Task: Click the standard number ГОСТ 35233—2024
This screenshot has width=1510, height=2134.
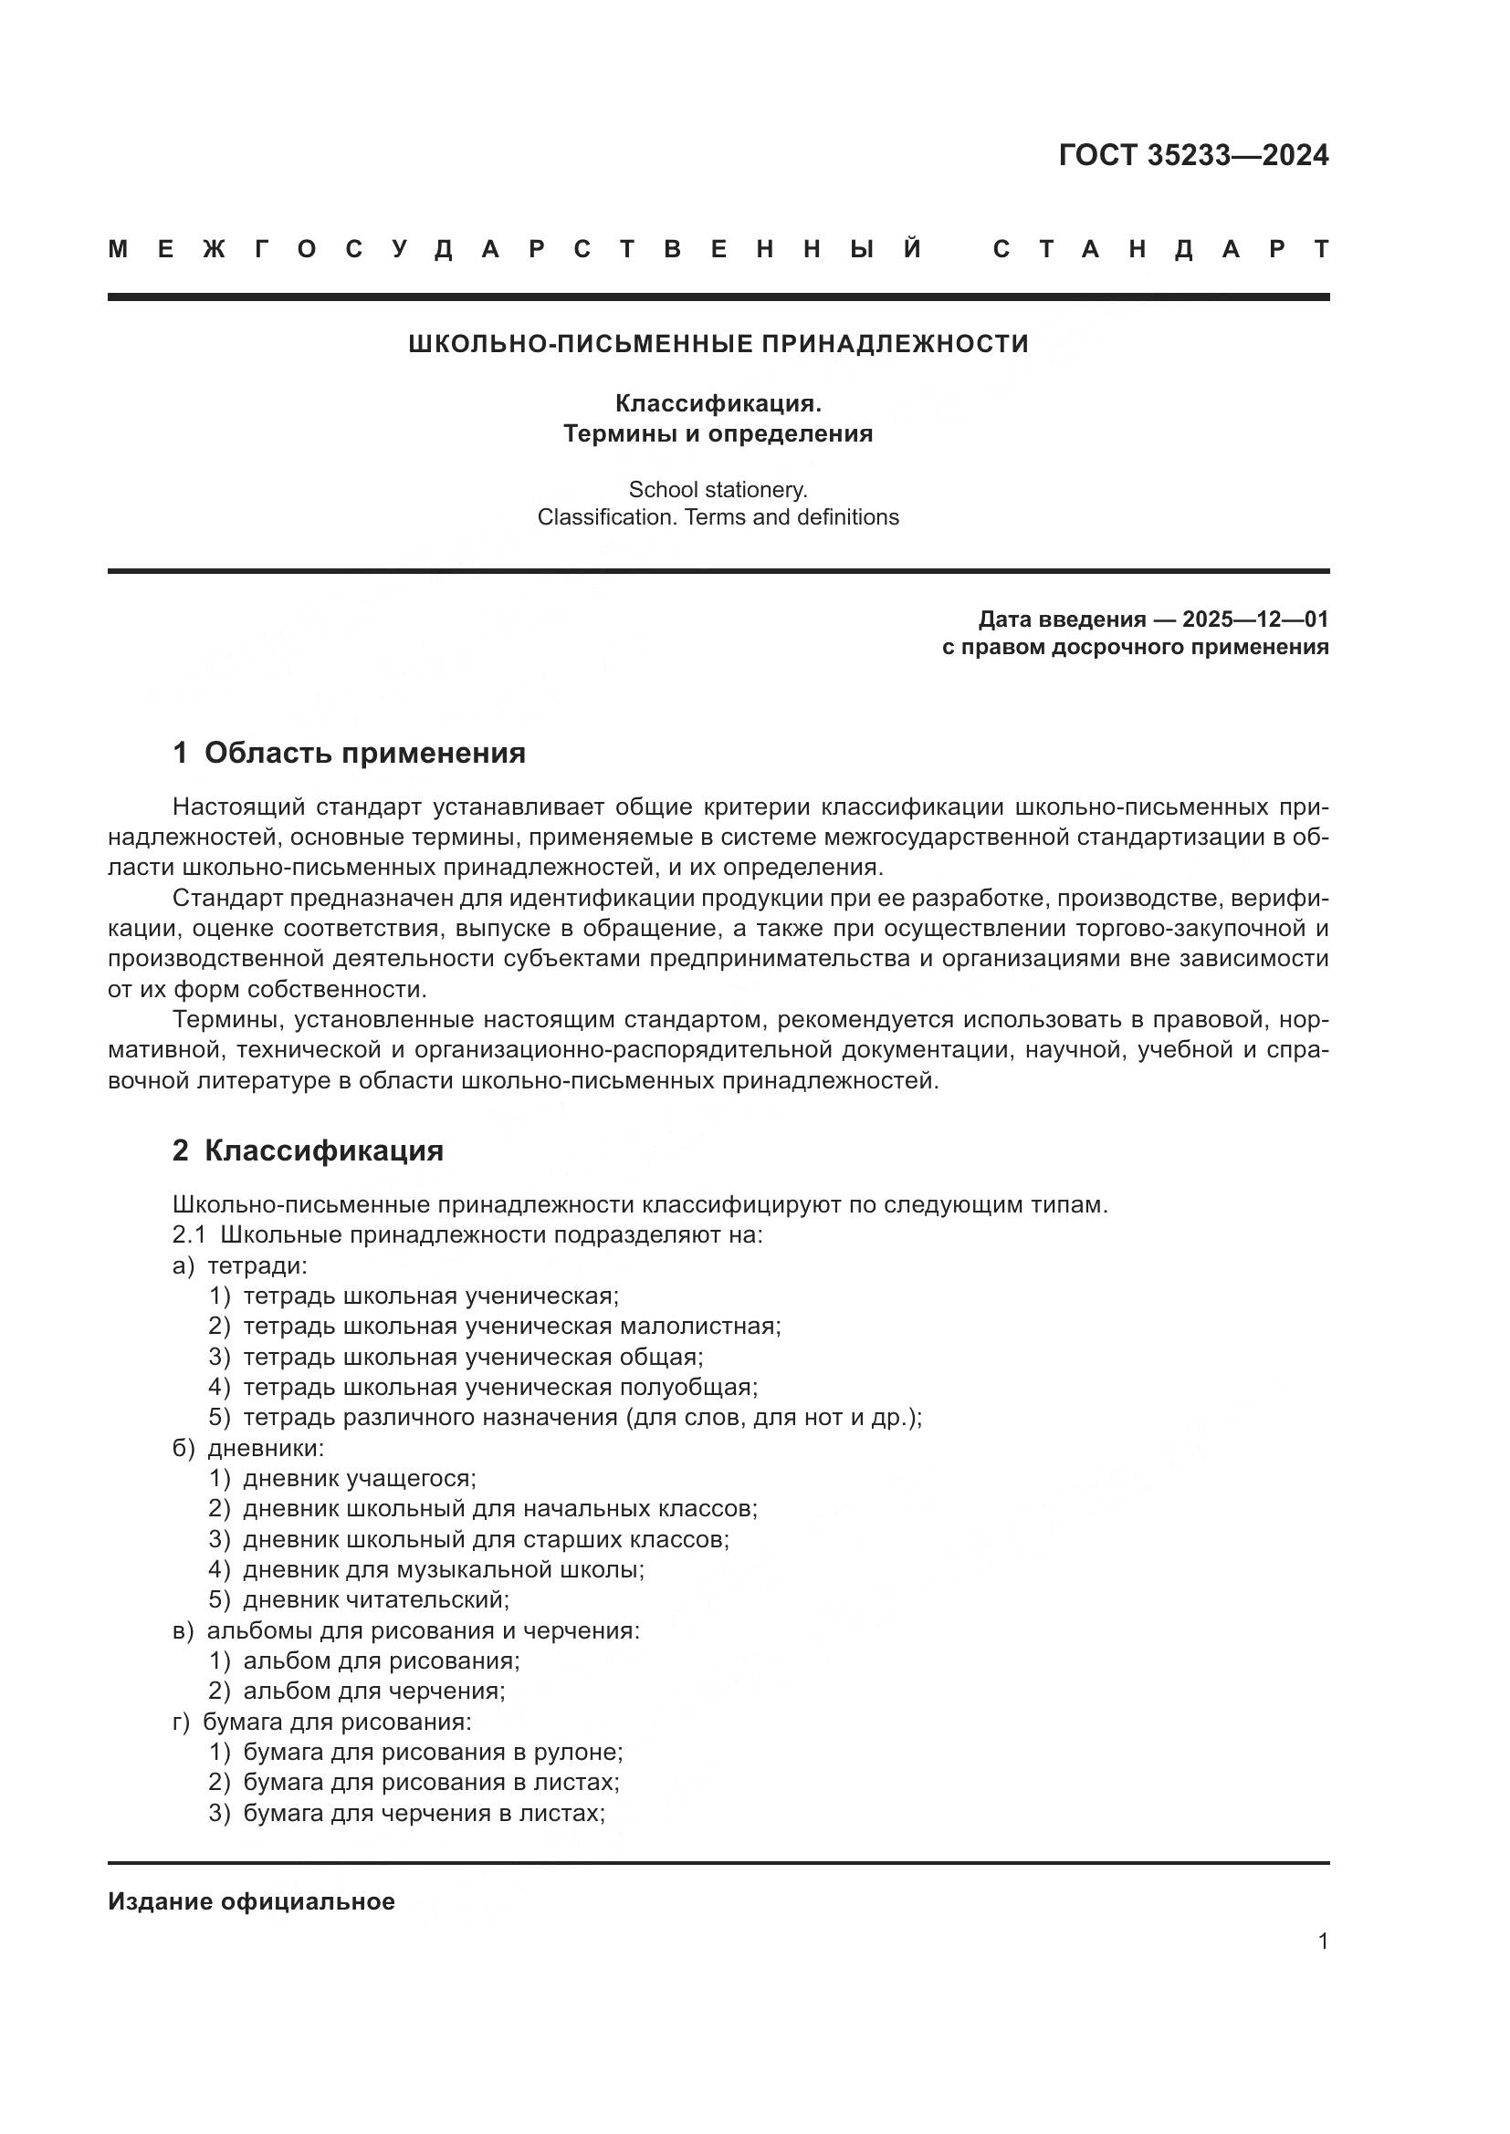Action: pyautogui.click(x=1193, y=155)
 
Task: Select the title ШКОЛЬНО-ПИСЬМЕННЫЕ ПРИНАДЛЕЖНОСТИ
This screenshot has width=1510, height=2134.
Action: pyautogui.click(x=718, y=344)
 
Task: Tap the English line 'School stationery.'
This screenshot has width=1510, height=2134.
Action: pyautogui.click(x=718, y=489)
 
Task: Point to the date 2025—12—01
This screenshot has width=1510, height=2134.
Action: pyautogui.click(x=1255, y=619)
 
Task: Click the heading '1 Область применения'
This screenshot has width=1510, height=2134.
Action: pyautogui.click(x=350, y=752)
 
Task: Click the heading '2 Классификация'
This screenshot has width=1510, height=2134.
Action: pyautogui.click(x=308, y=1150)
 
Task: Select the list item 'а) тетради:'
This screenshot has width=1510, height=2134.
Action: pyautogui.click(x=240, y=1266)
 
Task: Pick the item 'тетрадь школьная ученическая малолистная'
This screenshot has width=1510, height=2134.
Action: pyautogui.click(x=511, y=1327)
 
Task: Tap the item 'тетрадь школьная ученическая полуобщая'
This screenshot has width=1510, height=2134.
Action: pyautogui.click(x=500, y=1387)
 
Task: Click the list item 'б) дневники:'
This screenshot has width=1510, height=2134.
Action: pyautogui.click(x=248, y=1448)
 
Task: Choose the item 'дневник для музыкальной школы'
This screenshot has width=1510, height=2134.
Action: pyautogui.click(x=444, y=1570)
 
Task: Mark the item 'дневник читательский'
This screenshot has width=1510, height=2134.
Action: pyautogui.click(x=375, y=1599)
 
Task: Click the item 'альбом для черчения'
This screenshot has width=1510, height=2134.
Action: pyautogui.click(x=373, y=1691)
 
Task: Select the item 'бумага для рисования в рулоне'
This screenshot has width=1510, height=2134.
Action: pyautogui.click(x=433, y=1752)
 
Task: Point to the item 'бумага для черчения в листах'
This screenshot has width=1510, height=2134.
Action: pyautogui.click(x=424, y=1813)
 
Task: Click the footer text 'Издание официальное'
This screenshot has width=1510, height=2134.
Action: pyautogui.click(x=251, y=1901)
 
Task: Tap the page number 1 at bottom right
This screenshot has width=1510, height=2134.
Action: pyautogui.click(x=1323, y=1941)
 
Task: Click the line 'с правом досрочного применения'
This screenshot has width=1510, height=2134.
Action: pyautogui.click(x=1135, y=647)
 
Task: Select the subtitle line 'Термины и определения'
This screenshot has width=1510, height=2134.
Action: pyautogui.click(x=718, y=434)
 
